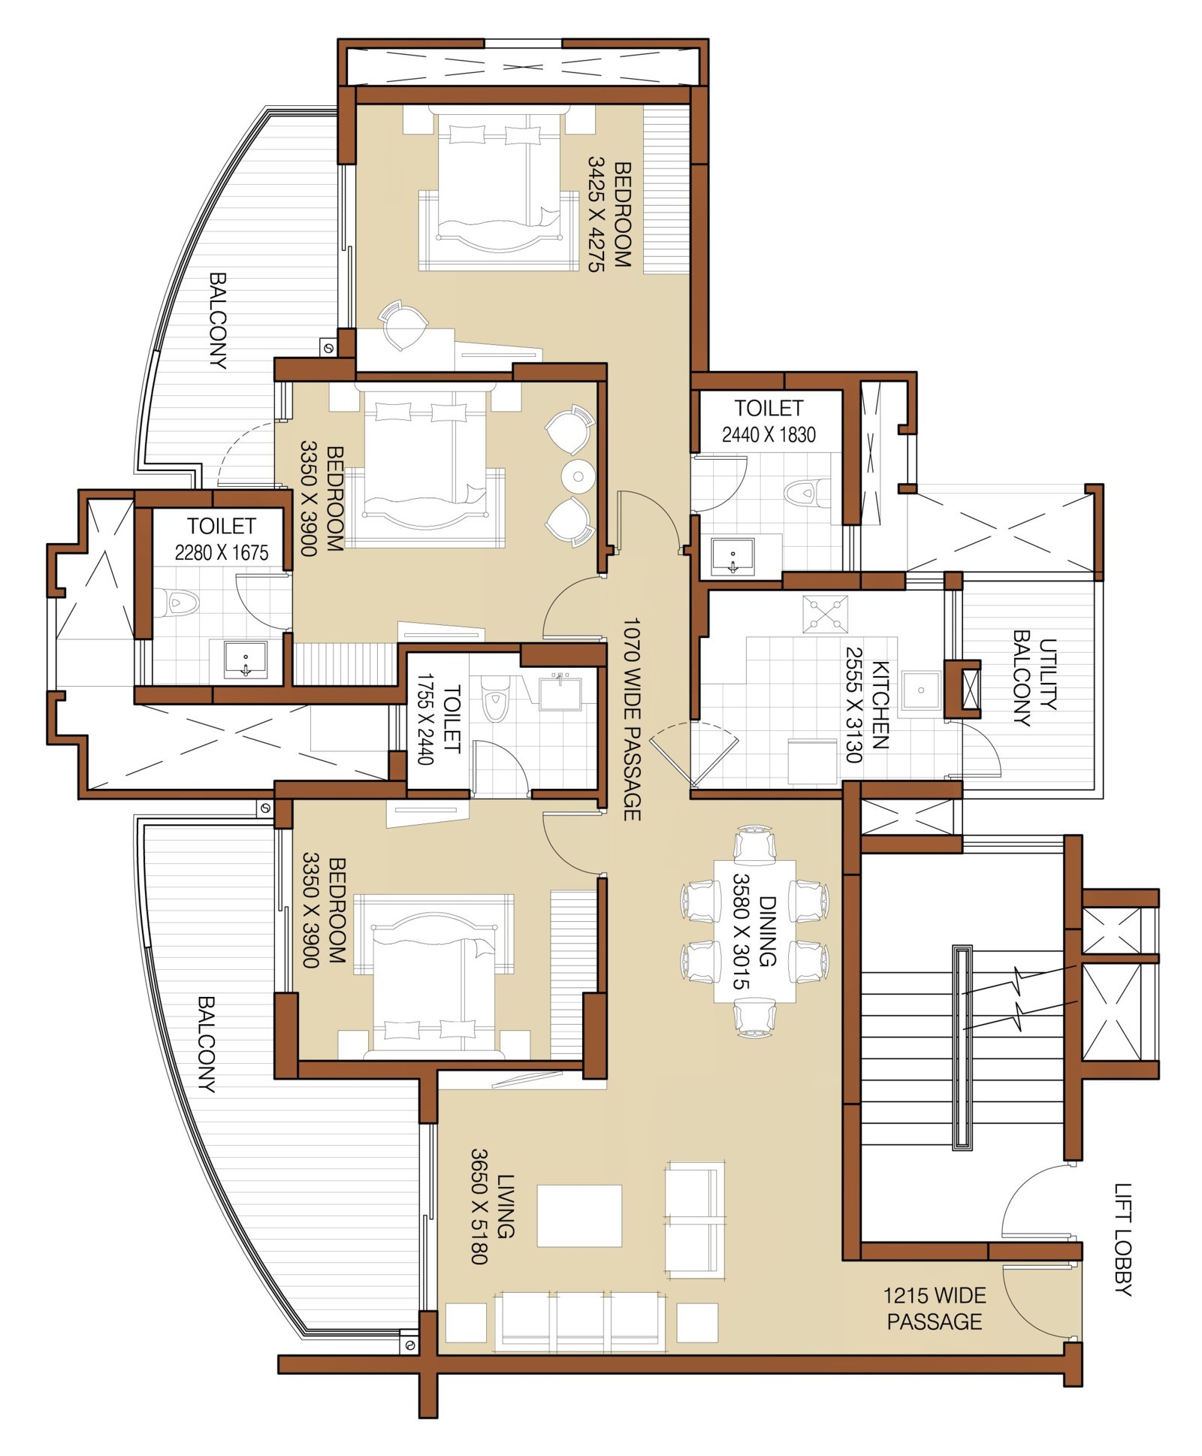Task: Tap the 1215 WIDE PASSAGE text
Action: [x=935, y=1308]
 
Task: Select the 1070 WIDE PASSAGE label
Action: [x=631, y=719]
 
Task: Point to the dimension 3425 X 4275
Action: [x=596, y=214]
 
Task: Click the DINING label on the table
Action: [x=767, y=931]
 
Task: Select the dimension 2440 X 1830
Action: [x=769, y=434]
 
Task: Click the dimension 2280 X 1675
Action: [x=222, y=553]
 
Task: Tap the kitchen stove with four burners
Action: [x=825, y=615]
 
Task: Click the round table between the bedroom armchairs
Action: [x=578, y=476]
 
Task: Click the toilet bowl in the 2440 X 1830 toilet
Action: [x=806, y=493]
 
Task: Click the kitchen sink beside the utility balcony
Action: [x=921, y=690]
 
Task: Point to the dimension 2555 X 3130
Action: [x=854, y=705]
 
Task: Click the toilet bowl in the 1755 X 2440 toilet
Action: [x=495, y=699]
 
